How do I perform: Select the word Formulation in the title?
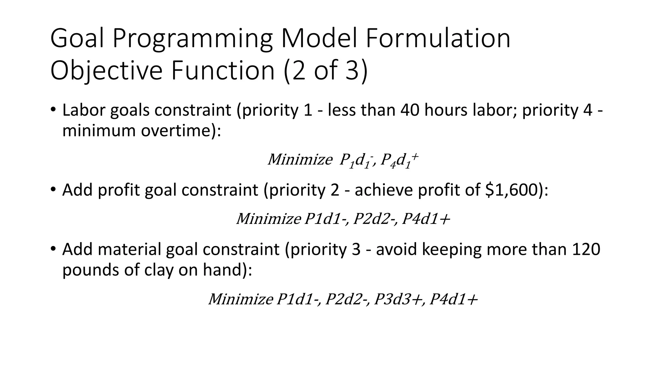438,38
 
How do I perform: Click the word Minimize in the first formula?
300,159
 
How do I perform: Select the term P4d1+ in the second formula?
426,219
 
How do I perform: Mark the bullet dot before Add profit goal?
53,189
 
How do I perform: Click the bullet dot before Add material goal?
53,248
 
